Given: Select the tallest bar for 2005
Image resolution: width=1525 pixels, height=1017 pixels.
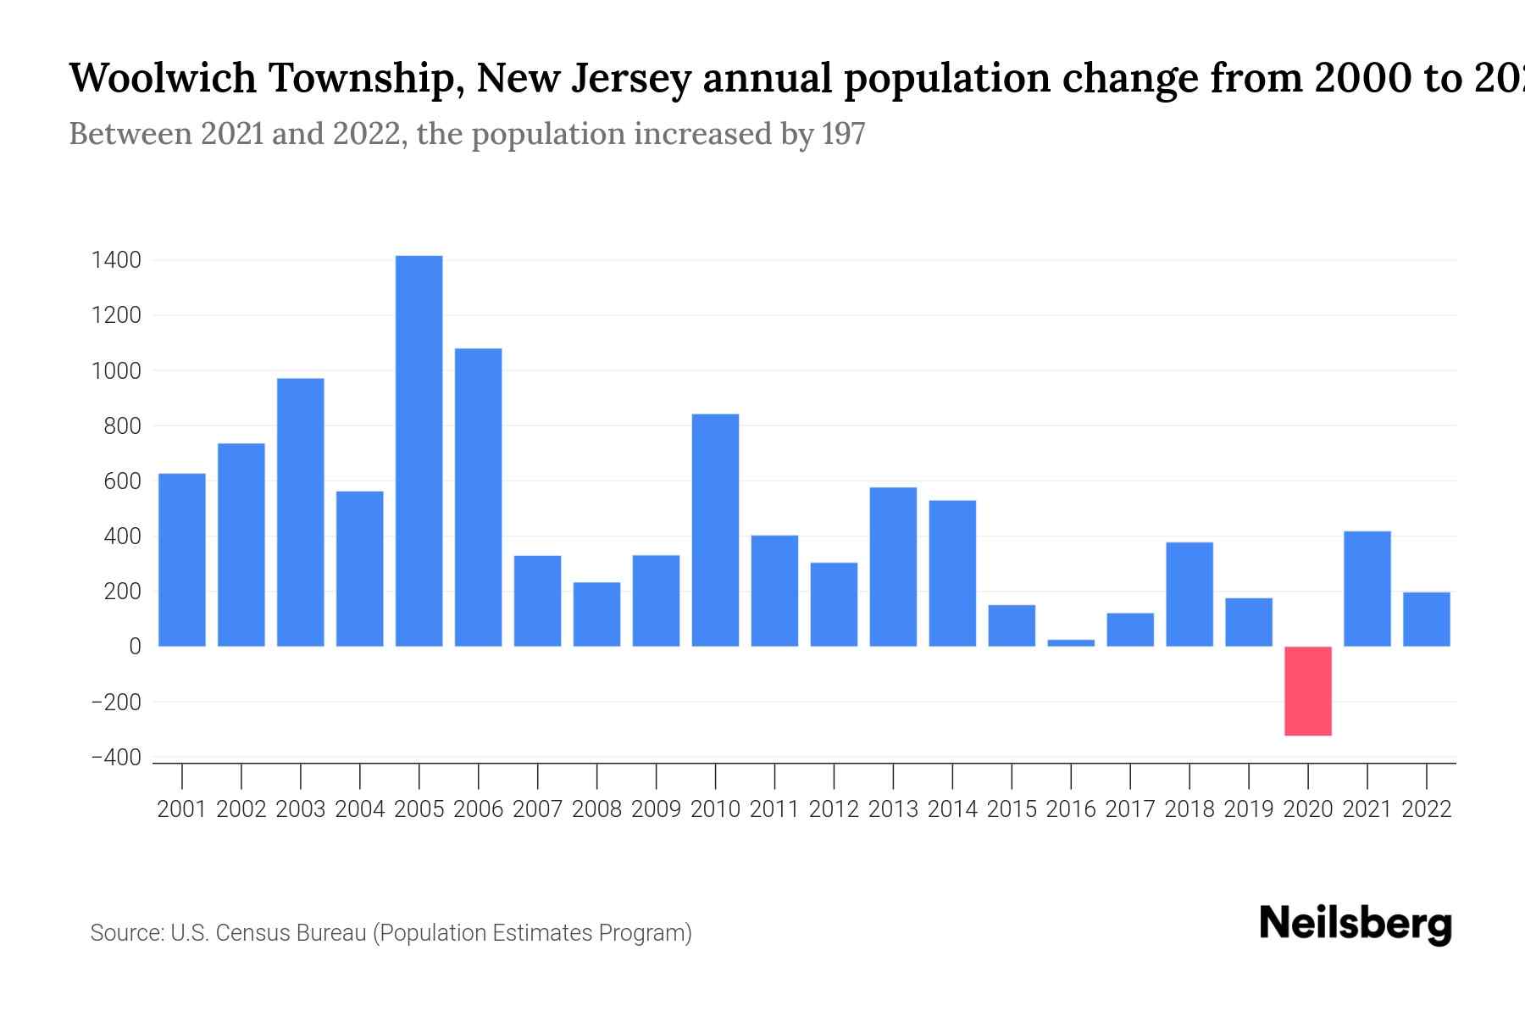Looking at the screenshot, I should (419, 451).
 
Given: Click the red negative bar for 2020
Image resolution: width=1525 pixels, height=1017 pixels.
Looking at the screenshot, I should (1307, 691).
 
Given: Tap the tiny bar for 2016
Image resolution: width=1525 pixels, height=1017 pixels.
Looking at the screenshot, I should (1071, 642).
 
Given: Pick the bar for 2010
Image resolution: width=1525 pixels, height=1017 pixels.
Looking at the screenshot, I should (715, 530).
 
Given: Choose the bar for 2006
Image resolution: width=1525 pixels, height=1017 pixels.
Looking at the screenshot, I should (478, 497).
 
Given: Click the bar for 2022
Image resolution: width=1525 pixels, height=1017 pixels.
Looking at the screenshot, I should (1426, 619).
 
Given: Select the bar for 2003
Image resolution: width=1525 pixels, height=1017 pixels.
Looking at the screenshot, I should (300, 512).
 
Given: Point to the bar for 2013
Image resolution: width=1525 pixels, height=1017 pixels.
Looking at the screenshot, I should (893, 566).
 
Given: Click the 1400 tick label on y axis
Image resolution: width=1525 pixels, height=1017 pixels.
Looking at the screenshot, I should (115, 260).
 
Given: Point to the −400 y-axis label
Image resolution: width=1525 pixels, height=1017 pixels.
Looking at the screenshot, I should (115, 758).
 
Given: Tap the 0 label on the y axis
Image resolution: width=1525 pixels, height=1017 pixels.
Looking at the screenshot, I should (135, 647).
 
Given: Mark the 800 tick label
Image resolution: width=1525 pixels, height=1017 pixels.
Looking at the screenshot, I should (122, 426).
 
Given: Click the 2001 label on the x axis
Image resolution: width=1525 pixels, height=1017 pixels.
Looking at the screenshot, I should (181, 809).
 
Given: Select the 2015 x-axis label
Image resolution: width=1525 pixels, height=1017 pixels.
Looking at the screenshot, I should (1012, 809).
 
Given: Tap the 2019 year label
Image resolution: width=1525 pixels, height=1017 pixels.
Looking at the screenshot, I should (1249, 809).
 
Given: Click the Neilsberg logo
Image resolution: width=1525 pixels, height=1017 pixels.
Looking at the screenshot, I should (1356, 924).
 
